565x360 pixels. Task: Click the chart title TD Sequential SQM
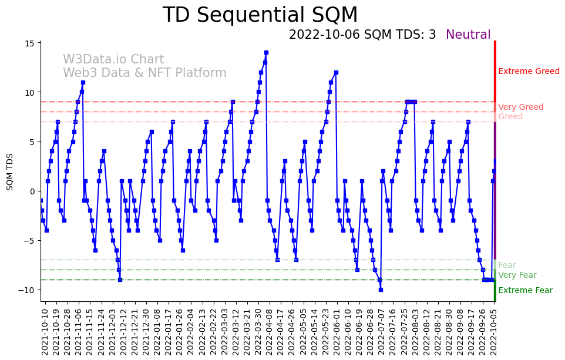tap(260, 15)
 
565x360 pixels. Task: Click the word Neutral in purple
tap(468, 35)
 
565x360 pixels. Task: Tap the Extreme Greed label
tap(529, 72)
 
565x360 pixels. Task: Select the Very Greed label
tap(520, 107)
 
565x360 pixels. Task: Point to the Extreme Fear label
tap(525, 291)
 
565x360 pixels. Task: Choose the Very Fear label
tap(517, 275)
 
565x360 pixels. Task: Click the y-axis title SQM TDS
tap(10, 171)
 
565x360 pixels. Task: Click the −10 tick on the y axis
tap(28, 290)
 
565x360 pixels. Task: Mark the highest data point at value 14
tap(266, 53)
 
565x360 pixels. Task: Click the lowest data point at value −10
tap(381, 290)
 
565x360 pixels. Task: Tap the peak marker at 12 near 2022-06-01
tap(336, 73)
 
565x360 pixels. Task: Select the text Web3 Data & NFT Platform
tap(144, 73)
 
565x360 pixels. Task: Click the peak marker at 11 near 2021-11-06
tap(83, 82)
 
